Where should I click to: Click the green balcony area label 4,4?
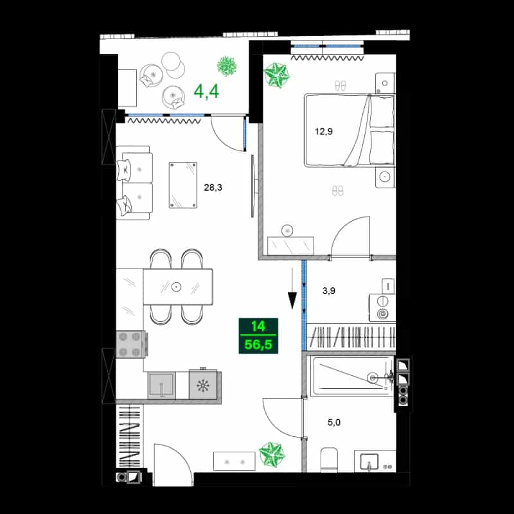[206, 91]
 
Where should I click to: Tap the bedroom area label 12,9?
[324, 132]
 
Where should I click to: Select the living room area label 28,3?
[213, 188]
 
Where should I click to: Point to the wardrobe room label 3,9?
[328, 290]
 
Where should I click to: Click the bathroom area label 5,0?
[334, 422]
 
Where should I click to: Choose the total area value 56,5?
[258, 345]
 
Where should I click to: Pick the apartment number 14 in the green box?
[258, 326]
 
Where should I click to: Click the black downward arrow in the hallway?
[292, 288]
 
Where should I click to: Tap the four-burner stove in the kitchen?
[131, 344]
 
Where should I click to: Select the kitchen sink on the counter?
[161, 385]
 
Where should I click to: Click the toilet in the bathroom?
[329, 459]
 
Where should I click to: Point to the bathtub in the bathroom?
[351, 376]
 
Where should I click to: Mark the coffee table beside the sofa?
[183, 185]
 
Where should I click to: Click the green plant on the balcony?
[227, 66]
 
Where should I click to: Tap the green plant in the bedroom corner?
[277, 75]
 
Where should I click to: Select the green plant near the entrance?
[272, 454]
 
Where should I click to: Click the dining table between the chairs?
[178, 287]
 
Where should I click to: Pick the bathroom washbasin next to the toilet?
[369, 461]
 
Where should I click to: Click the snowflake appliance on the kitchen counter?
[203, 385]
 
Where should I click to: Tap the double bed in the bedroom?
[350, 130]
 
